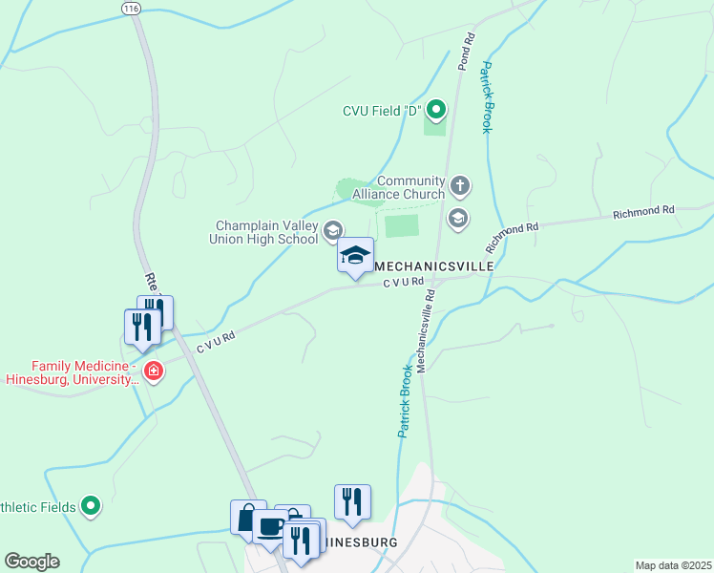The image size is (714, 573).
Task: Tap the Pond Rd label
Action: tap(466, 53)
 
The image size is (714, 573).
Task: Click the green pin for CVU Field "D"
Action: tap(436, 111)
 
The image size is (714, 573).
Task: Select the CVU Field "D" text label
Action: tap(382, 111)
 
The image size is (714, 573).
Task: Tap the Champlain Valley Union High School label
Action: tap(263, 232)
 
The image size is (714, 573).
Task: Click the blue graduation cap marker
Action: tap(355, 256)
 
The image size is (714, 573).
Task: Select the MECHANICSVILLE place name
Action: tap(433, 265)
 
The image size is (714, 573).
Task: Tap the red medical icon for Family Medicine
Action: tap(151, 371)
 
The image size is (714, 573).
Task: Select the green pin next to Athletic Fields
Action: tap(91, 505)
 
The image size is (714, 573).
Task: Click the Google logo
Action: tap(31, 562)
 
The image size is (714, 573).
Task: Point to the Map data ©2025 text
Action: tap(673, 565)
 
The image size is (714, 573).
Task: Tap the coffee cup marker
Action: tap(270, 527)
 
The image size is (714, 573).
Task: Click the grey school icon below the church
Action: tap(459, 218)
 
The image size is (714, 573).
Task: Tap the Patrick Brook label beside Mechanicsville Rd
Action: tap(405, 401)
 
